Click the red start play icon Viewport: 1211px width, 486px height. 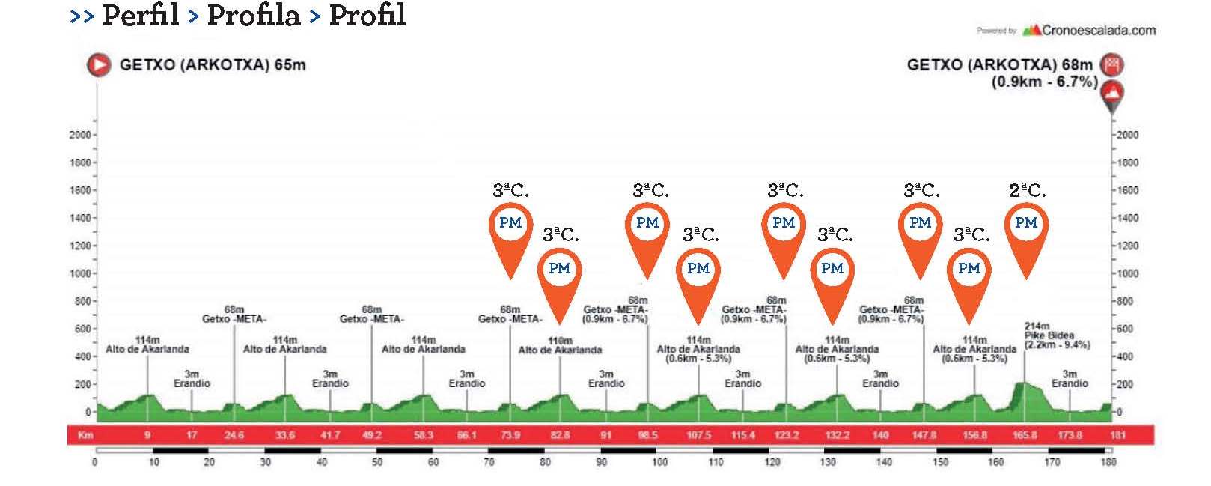[x=98, y=65]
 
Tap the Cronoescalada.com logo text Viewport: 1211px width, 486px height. [x=1098, y=31]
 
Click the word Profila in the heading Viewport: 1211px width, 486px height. [x=253, y=16]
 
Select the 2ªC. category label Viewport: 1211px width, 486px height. [x=1027, y=191]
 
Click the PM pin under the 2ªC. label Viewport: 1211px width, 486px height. [x=1026, y=223]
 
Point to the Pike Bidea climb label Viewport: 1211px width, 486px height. [x=1049, y=335]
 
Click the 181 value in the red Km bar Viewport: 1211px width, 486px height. [x=1117, y=435]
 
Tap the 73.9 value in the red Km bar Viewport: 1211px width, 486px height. [x=510, y=435]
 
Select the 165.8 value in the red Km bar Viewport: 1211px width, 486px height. [x=1025, y=435]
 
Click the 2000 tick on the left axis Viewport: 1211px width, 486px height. [x=80, y=135]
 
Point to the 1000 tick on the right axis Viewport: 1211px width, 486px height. [x=1127, y=274]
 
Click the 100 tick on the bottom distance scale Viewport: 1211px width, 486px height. [x=659, y=462]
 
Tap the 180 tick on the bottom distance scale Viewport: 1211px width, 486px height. [x=1108, y=462]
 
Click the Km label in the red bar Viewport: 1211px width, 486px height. [x=85, y=435]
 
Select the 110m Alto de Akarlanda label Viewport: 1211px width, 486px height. [x=560, y=346]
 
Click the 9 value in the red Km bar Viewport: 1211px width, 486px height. [x=147, y=435]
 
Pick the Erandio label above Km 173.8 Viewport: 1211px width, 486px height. [x=1070, y=383]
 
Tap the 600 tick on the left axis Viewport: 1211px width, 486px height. [x=82, y=329]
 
